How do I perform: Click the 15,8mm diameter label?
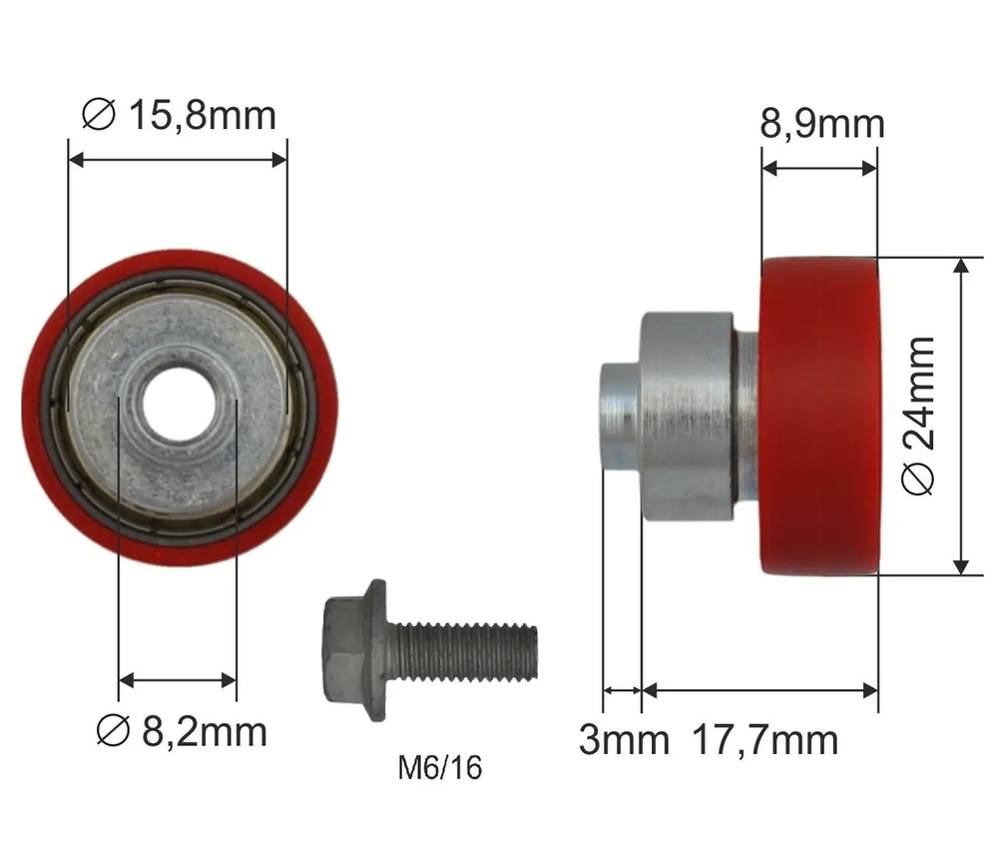point(179,115)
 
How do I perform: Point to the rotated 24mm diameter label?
point(918,416)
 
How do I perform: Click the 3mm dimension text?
point(624,739)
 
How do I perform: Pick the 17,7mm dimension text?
point(764,739)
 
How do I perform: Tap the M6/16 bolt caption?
point(440,767)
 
